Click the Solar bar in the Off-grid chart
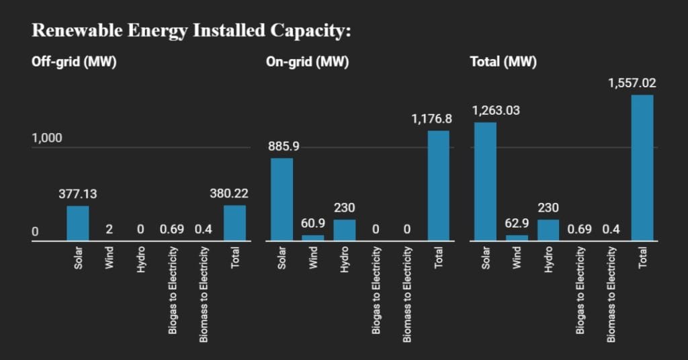78,223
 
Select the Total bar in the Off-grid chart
234,223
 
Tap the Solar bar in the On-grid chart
282,199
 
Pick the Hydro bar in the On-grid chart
345,230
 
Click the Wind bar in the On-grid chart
313,237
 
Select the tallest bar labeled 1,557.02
642,167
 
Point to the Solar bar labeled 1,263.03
485,181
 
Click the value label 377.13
78,194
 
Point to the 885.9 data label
282,146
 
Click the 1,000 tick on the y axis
46,138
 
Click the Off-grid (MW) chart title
75,62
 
